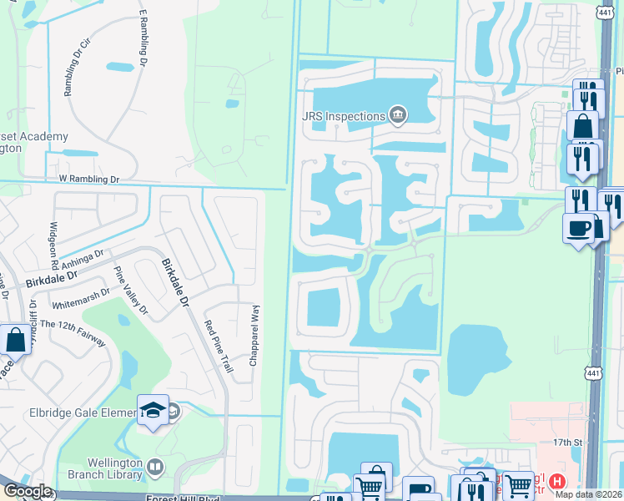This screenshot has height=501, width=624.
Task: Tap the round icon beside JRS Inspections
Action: [398, 114]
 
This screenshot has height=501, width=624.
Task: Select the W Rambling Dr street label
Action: [89, 180]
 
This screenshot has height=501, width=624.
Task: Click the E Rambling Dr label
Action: [143, 38]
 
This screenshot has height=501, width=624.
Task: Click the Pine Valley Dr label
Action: [130, 291]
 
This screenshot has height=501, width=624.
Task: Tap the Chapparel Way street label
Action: [254, 335]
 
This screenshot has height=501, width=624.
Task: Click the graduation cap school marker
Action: [153, 410]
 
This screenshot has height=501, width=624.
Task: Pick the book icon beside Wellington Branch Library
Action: [155, 466]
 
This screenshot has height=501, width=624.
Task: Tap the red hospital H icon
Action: [557, 482]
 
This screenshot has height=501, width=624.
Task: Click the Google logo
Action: [27, 491]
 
